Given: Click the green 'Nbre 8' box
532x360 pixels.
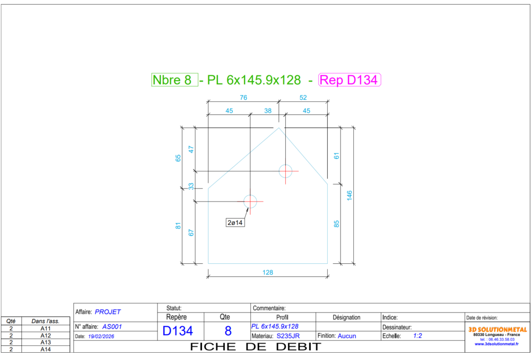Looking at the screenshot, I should coord(175,80).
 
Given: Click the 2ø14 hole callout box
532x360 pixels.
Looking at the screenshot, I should coord(235,222).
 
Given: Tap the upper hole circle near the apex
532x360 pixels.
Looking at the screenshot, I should coord(286,170).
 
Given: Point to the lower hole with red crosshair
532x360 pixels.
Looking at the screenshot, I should coord(250,201).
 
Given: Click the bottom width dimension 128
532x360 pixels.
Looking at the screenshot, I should coord(268,272).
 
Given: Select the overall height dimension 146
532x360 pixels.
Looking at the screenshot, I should coord(350,195).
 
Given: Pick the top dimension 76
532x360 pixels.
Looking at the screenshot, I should coord(243,97).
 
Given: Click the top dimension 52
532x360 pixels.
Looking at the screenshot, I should coord(303,97).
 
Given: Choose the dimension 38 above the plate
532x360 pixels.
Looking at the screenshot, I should coord(268,110).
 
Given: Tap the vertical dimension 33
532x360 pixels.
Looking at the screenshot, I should coord(191,185).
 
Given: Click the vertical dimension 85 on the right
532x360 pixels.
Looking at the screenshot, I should coord(336,224).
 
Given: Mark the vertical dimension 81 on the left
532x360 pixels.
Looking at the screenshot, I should coord(178,226).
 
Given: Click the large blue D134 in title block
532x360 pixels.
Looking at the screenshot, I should coord(178,331).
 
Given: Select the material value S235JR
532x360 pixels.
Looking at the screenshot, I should coord(288,336).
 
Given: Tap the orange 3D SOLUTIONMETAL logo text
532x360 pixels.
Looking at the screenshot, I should coord(497,329).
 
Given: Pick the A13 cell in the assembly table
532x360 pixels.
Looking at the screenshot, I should coord(45,342).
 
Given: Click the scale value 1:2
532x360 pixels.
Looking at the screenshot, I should coord(417,336).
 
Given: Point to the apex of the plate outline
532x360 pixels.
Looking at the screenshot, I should coord(279,127).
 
